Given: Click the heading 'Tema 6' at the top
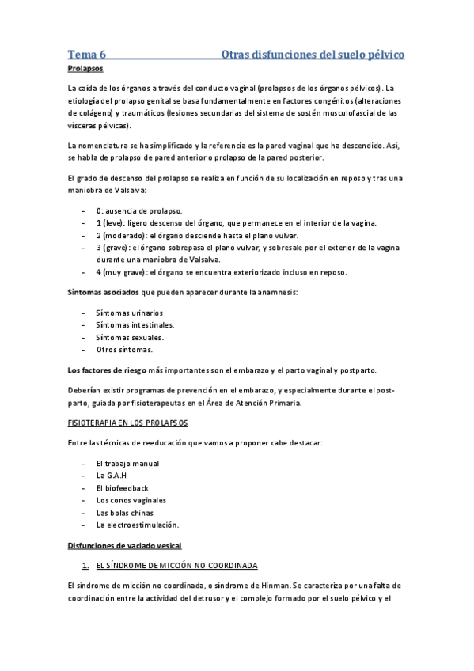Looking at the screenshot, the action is click(x=87, y=55).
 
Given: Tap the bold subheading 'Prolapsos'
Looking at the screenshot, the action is click(x=85, y=70).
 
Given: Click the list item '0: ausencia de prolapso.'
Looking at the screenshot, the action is click(x=139, y=211).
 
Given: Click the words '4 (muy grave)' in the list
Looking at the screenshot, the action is click(x=123, y=272).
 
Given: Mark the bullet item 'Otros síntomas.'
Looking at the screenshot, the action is click(x=124, y=349).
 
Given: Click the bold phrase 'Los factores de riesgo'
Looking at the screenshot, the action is click(x=107, y=370).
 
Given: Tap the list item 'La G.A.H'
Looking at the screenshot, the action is click(x=112, y=476).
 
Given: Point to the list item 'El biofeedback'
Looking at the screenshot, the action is click(x=122, y=488).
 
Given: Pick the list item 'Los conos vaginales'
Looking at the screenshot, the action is click(x=131, y=500).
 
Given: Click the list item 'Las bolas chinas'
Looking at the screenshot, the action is click(x=125, y=512).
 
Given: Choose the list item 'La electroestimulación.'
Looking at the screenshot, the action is click(x=137, y=524).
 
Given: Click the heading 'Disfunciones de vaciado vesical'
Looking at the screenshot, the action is click(x=124, y=545).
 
